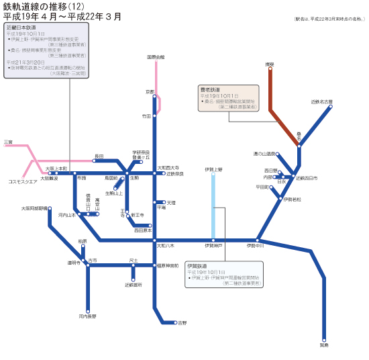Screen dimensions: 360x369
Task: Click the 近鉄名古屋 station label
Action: click(322, 102)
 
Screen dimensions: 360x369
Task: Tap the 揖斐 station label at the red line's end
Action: click(270, 64)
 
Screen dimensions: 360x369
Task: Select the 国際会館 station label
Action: click(156, 57)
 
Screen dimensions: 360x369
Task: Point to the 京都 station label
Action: click(150, 91)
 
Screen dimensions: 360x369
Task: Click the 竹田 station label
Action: click(146, 116)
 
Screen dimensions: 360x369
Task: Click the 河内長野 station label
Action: click(87, 316)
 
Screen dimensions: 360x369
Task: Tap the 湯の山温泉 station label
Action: click(264, 154)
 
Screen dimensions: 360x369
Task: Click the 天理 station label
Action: click(171, 202)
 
